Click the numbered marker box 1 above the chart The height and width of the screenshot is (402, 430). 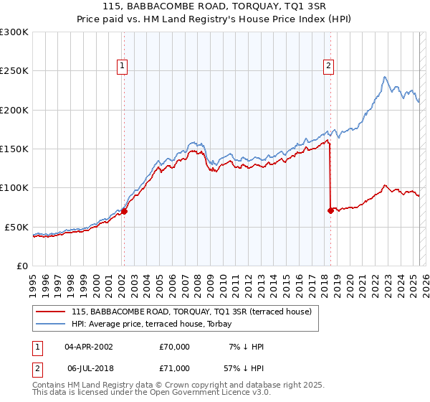(123, 67)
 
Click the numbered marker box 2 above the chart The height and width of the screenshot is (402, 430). (329, 67)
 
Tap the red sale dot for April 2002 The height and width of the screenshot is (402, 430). (124, 211)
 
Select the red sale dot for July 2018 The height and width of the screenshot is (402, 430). (330, 210)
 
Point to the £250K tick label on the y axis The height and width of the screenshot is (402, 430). (14, 71)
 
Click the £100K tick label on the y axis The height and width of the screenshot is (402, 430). (14, 188)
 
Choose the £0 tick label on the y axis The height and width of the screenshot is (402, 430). (22, 266)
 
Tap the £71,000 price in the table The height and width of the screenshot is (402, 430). (175, 368)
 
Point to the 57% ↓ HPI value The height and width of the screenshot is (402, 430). (245, 368)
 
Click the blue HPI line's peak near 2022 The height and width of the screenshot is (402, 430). (385, 77)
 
